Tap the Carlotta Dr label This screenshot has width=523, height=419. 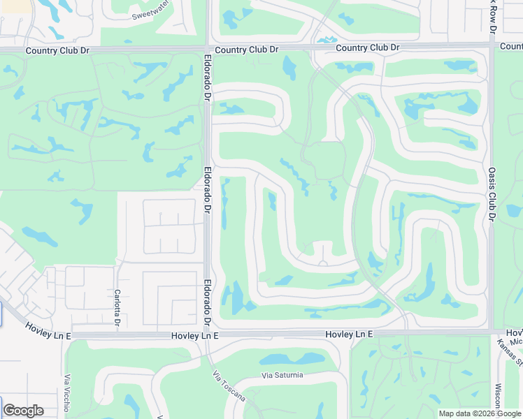(117, 308)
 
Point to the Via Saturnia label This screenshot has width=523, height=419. (282, 375)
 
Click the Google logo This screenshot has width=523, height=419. (23, 411)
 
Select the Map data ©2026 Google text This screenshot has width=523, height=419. (479, 413)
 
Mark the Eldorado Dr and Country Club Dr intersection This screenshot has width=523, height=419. (208, 49)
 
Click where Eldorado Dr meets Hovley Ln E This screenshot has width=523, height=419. (208, 335)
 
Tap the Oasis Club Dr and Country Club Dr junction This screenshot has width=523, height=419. (491, 45)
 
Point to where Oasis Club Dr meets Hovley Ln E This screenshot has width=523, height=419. (492, 331)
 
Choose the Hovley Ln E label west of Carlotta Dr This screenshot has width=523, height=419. (48, 330)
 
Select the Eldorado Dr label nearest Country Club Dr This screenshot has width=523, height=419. (208, 78)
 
